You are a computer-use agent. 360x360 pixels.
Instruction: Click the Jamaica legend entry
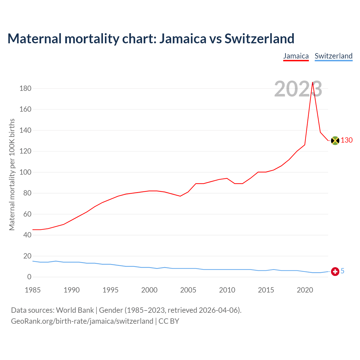pos(296,56)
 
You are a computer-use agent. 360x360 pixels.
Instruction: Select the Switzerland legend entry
pos(333,56)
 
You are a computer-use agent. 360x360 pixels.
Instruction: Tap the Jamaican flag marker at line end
pos(335,140)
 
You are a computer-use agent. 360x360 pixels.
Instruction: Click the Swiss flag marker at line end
pos(335,271)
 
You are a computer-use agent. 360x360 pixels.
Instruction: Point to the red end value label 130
pos(346,140)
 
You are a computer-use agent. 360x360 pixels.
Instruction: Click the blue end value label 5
pos(342,271)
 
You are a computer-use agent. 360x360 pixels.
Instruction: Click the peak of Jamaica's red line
pos(312,82)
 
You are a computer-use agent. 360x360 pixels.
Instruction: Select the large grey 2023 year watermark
pos(298,89)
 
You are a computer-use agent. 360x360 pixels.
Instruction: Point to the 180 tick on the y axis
pos(25,89)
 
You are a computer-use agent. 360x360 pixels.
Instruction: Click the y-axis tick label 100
pos(25,172)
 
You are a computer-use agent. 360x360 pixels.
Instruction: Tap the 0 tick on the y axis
pos(29,277)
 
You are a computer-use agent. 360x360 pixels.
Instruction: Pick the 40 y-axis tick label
pos(27,235)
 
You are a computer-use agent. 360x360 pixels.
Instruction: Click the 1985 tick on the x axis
pos(33,290)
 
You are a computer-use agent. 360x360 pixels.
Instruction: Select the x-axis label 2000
pos(149,290)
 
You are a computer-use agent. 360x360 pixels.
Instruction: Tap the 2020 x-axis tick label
pos(305,290)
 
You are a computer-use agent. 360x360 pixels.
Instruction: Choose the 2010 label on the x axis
pos(227,290)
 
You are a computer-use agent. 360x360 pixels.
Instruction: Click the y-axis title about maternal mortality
pos(12,175)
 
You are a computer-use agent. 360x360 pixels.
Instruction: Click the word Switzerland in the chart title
pos(259,39)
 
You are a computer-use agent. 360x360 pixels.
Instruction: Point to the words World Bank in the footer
pos(75,310)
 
